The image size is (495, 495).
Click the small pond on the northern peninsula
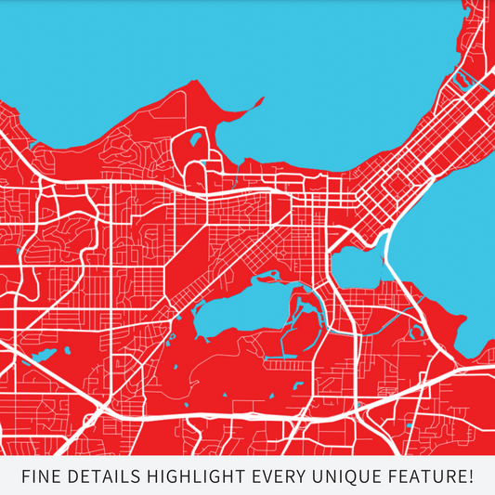point(195,142)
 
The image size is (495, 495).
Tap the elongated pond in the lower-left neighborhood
point(45,355)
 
